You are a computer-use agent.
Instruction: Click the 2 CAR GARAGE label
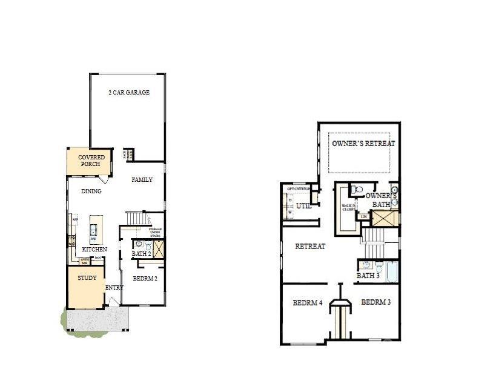[128, 93]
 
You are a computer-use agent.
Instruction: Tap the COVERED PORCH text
[91, 161]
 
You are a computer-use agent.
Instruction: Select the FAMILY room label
[142, 179]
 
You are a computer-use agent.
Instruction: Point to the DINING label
[91, 191]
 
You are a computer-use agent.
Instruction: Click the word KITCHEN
[94, 249]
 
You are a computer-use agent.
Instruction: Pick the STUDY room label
[87, 278]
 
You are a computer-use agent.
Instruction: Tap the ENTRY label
[114, 287]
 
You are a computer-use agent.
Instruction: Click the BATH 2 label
[141, 253]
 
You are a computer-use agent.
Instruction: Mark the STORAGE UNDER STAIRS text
[155, 232]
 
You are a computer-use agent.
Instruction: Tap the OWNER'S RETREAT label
[363, 144]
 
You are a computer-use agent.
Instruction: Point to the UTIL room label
[303, 206]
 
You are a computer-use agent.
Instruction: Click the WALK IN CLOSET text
[348, 207]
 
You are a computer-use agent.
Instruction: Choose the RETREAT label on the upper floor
[310, 246]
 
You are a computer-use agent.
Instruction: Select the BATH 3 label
[368, 276]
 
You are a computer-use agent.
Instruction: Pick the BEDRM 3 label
[376, 302]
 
